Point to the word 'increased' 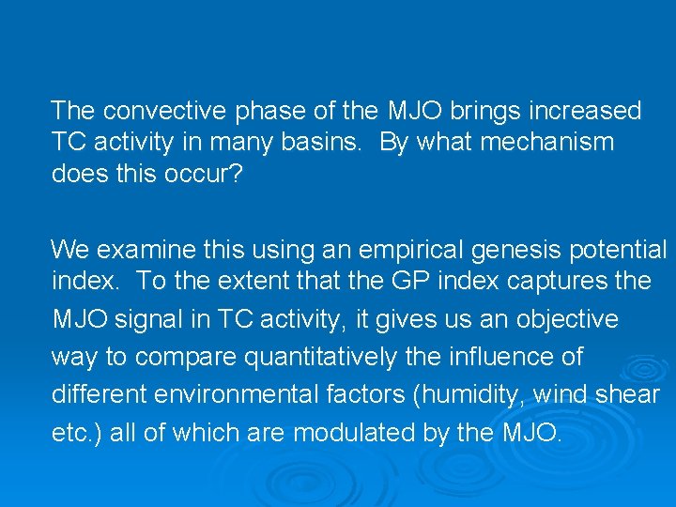[x=588, y=111]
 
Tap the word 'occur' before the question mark [x=207, y=175]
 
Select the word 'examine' [x=146, y=249]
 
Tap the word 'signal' [x=154, y=319]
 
